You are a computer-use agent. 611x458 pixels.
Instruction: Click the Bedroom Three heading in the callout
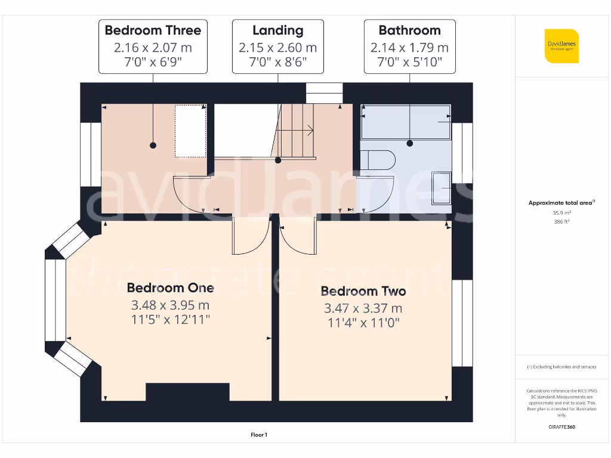pyautogui.click(x=153, y=30)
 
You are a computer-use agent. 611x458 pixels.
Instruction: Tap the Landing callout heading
pyautogui.click(x=277, y=30)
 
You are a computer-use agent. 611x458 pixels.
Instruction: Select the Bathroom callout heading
pyautogui.click(x=409, y=30)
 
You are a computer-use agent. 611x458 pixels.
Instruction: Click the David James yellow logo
pyautogui.click(x=561, y=46)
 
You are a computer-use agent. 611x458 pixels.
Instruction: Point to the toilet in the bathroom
pyautogui.click(x=381, y=160)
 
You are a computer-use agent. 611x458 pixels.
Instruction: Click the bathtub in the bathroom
pyautogui.click(x=406, y=122)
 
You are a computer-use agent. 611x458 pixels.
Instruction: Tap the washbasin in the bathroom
pyautogui.click(x=441, y=187)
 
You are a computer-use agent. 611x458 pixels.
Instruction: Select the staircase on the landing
pyautogui.click(x=297, y=130)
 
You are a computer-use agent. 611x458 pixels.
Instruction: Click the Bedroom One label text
pyautogui.click(x=170, y=288)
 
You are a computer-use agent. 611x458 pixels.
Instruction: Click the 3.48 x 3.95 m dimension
pyautogui.click(x=170, y=305)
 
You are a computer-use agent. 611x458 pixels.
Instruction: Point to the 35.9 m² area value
pyautogui.click(x=561, y=212)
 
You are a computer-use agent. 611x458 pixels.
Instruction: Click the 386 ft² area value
pyautogui.click(x=561, y=221)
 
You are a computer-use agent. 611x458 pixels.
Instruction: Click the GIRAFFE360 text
pyautogui.click(x=561, y=427)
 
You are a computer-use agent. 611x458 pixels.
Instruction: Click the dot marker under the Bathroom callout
pyautogui.click(x=410, y=143)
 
